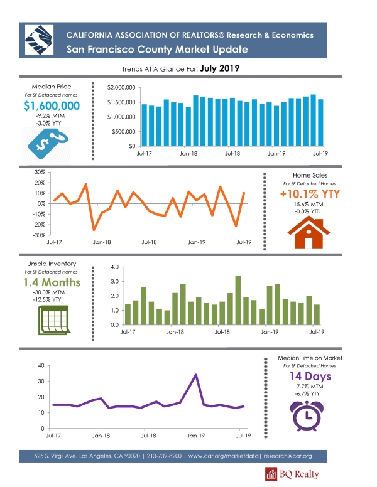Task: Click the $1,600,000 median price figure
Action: point(52,106)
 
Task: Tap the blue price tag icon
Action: point(48,144)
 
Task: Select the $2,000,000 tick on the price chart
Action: point(121,88)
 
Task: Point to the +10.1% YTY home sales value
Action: point(310,194)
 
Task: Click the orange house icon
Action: point(309,232)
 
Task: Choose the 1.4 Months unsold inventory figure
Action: point(52,282)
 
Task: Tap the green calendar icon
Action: point(53,320)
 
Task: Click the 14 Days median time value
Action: point(310,377)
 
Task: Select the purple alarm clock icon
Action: point(307,416)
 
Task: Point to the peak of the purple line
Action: point(195,375)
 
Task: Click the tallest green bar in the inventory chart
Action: point(238,300)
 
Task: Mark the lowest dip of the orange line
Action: point(94,230)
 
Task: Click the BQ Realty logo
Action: point(292,474)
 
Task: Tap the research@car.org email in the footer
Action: point(287,456)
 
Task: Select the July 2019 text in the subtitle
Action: point(220,68)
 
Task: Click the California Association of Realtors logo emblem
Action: point(39,40)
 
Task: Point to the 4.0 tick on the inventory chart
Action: point(115,267)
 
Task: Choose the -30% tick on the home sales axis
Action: point(39,235)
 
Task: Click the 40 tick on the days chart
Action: point(41,365)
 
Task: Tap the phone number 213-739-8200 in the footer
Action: point(164,456)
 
